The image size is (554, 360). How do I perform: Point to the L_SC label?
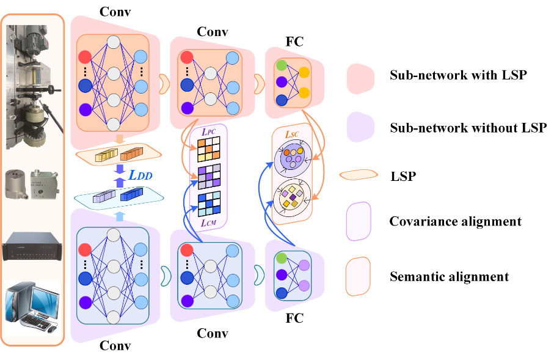(x=292, y=134)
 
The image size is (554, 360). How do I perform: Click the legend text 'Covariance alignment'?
(x=456, y=221)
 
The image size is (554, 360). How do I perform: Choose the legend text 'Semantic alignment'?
(x=449, y=277)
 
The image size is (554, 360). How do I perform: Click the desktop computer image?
(x=32, y=306)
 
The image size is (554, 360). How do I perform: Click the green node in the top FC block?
(x=281, y=64)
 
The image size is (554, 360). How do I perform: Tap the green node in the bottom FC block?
(x=281, y=259)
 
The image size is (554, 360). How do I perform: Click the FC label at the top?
(x=294, y=42)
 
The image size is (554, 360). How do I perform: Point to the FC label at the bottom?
(x=294, y=318)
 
